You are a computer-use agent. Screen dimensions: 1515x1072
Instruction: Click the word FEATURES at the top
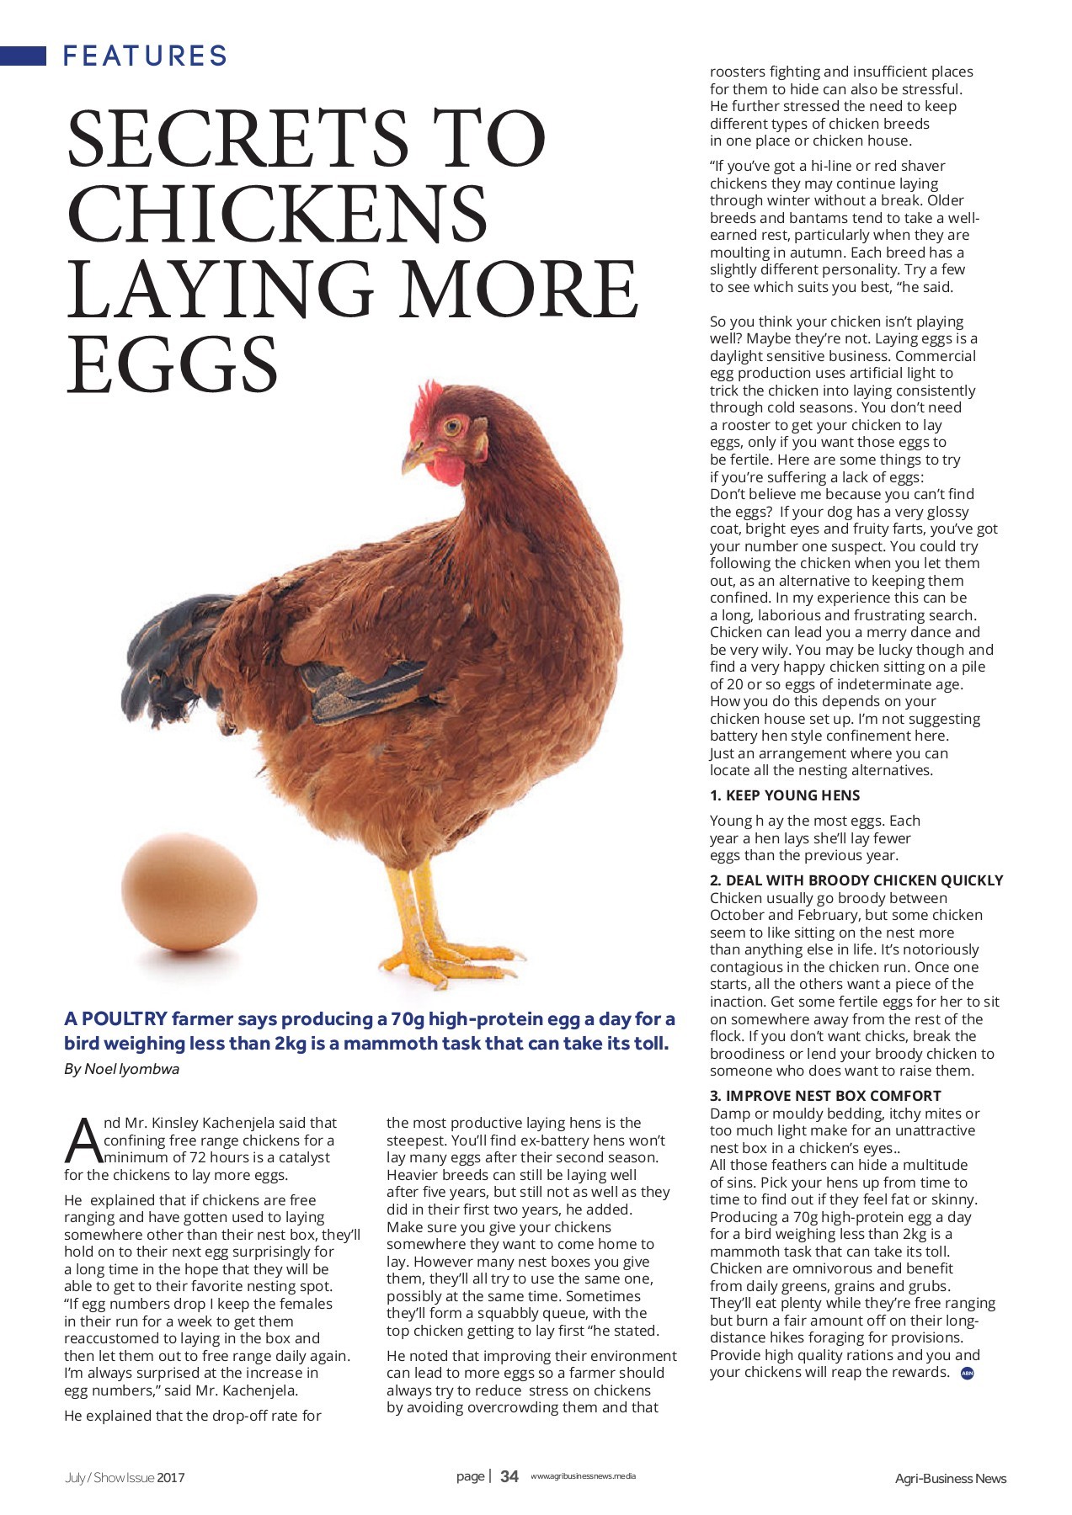coord(145,56)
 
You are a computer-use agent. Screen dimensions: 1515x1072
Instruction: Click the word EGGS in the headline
coord(172,364)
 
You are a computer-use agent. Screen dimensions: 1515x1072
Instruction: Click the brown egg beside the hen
coord(189,892)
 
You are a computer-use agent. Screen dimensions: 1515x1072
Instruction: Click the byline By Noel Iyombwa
coord(121,1069)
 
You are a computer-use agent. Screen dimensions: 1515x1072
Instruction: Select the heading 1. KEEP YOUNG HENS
coord(784,795)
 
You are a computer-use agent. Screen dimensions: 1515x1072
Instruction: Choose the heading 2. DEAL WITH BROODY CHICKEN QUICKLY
coord(856,880)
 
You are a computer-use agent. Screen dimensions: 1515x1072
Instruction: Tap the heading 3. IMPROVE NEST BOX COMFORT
coord(824,1096)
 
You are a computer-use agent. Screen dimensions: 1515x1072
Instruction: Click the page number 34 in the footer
coord(509,1476)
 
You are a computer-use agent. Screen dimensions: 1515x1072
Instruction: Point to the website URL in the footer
coord(583,1476)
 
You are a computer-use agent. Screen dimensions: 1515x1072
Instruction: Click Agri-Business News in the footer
coord(950,1478)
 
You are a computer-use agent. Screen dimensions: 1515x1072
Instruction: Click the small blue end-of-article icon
coord(967,1374)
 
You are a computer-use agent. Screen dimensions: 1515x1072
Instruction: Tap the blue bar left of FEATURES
coord(23,56)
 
